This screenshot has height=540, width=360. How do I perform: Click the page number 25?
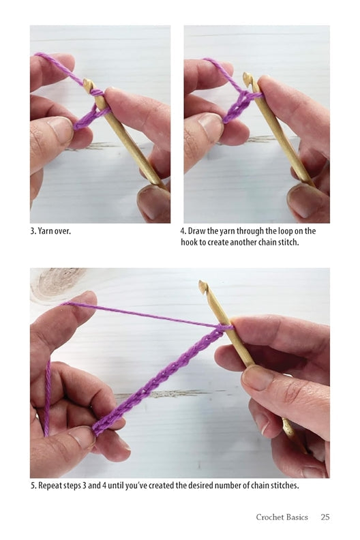coord(325,517)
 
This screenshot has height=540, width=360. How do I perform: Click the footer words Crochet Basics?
coord(282,517)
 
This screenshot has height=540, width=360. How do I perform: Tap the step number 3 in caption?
coord(33,230)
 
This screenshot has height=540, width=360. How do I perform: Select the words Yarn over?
coord(55,230)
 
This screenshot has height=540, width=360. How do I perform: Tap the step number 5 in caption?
coord(33,485)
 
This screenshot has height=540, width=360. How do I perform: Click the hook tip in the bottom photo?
coord(202,286)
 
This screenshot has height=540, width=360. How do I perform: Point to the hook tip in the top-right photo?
coord(247,78)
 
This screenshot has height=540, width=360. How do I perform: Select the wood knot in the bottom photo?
coord(57,283)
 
